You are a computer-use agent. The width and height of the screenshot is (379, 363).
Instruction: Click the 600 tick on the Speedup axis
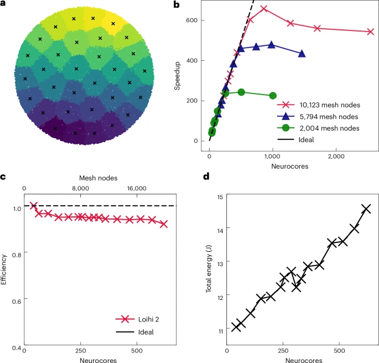click(x=196, y=20)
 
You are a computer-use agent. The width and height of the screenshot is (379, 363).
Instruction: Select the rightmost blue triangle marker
click(x=302, y=54)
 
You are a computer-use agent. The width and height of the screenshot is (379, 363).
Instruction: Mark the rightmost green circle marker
click(x=273, y=96)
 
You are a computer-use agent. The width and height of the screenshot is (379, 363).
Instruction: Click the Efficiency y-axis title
click(x=5, y=269)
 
